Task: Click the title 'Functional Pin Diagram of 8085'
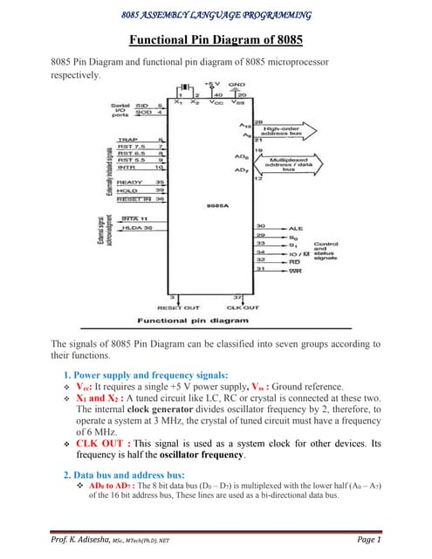point(216,40)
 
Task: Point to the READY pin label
point(129,182)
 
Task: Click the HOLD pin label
point(128,190)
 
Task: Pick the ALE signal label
point(296,229)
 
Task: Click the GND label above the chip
point(237,86)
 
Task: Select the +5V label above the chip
point(214,86)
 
